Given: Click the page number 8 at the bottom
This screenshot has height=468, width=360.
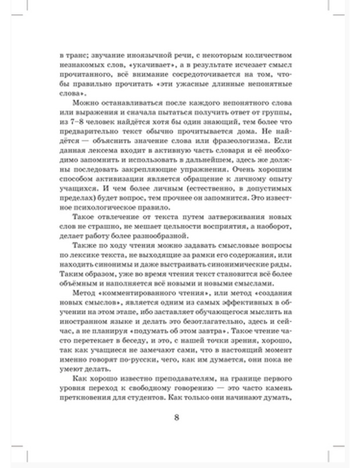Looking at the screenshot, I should click(x=176, y=418).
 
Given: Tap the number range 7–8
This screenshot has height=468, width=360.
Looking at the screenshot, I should click(x=75, y=122).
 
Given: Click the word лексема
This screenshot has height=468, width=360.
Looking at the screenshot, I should click(x=112, y=150).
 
